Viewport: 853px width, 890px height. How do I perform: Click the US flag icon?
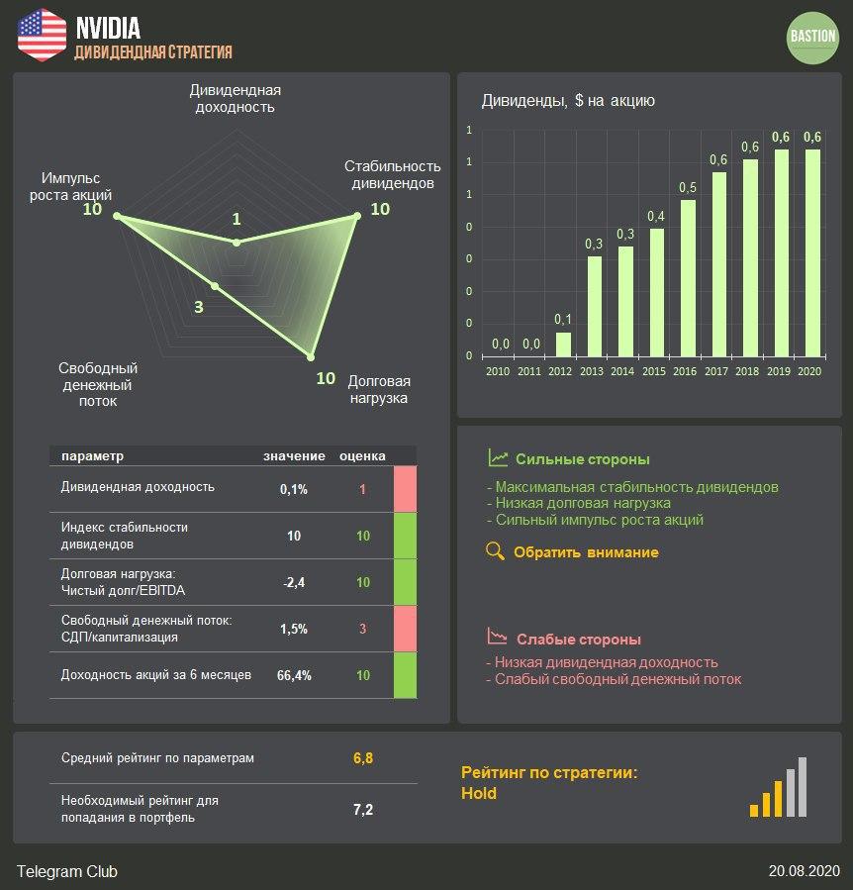(43, 35)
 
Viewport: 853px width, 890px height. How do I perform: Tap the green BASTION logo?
(812, 37)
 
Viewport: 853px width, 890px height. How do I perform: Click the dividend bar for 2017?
(718, 263)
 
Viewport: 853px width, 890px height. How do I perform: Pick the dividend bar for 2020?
(812, 251)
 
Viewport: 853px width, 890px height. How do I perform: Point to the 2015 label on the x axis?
(655, 371)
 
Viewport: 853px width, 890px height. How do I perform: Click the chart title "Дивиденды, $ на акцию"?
(568, 100)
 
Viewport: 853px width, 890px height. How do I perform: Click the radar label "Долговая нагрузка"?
(379, 390)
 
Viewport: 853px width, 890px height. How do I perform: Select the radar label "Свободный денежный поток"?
(97, 384)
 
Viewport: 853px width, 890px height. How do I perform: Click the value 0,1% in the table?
(294, 489)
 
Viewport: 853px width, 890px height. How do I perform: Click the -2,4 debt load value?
(293, 583)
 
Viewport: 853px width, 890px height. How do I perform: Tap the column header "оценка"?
(362, 456)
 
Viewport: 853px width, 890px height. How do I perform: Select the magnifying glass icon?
(497, 551)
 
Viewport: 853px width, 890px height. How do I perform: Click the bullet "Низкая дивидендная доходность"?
(606, 662)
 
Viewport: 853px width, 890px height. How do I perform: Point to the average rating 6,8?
(363, 758)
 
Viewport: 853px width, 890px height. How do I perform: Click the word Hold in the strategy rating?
(479, 793)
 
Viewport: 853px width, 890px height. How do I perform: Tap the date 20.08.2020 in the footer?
(804, 871)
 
